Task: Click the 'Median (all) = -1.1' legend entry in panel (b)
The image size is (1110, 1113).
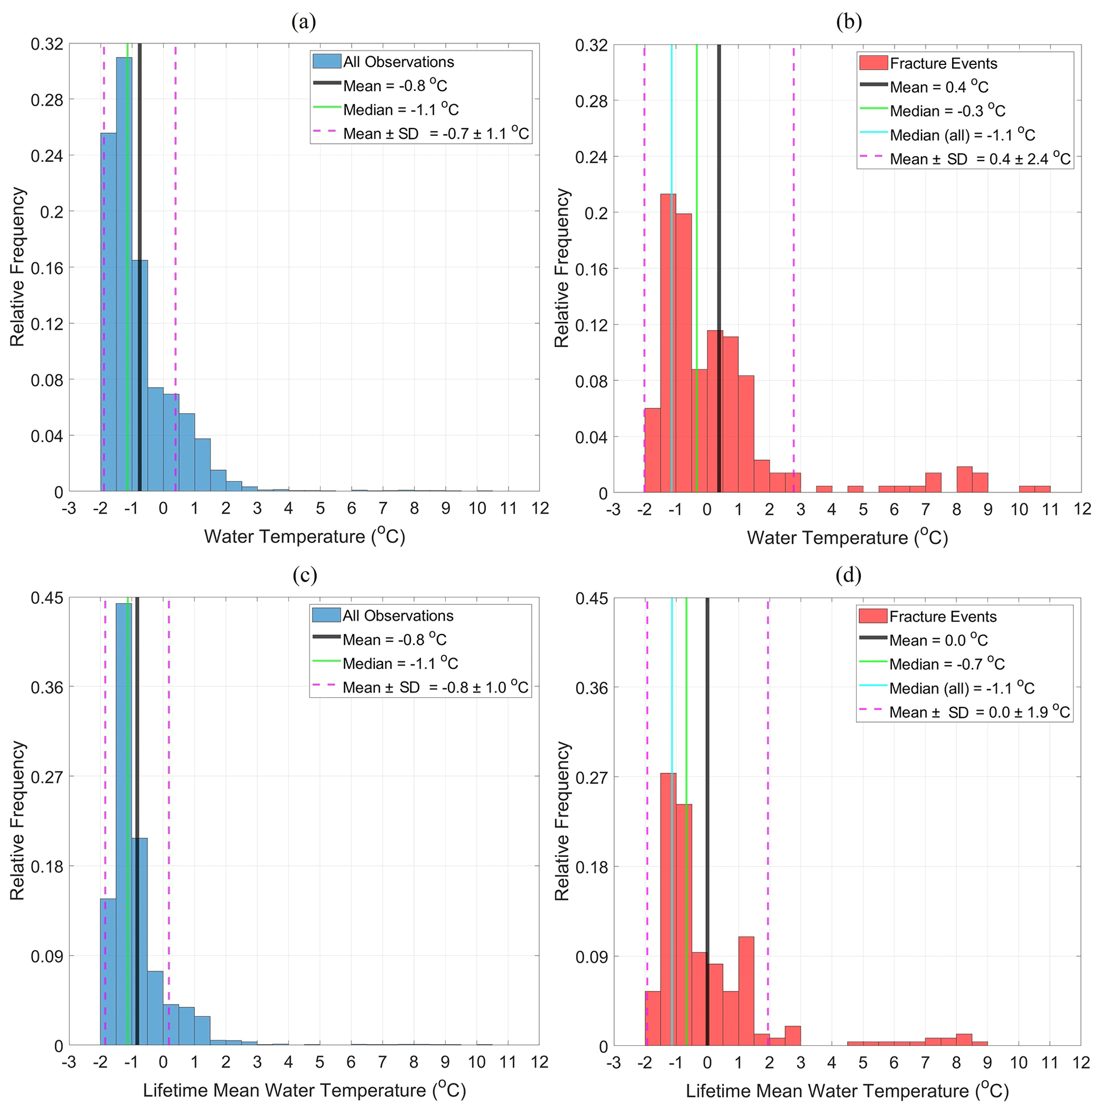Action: [x=962, y=135]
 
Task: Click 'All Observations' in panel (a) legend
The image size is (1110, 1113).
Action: [x=398, y=62]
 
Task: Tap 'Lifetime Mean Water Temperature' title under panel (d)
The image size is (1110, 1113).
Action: [x=847, y=1091]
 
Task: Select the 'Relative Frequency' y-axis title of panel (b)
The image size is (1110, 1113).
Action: [x=562, y=268]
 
